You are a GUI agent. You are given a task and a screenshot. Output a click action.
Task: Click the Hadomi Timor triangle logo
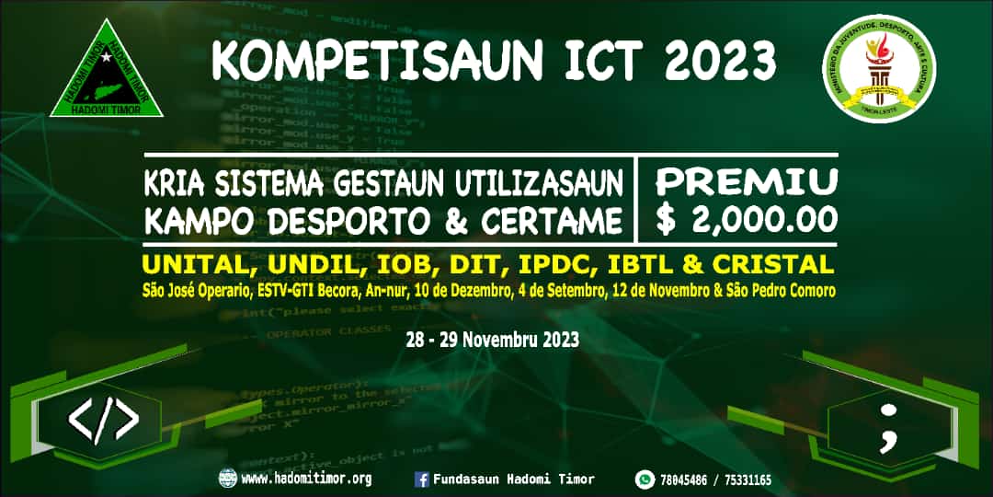tap(107, 74)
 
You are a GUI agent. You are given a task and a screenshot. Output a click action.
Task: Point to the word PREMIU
tap(746, 181)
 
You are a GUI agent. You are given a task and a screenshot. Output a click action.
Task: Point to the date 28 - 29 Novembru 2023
tap(492, 339)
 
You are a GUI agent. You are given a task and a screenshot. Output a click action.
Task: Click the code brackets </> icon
tap(104, 421)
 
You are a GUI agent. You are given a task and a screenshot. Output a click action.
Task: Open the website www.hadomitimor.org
tap(306, 479)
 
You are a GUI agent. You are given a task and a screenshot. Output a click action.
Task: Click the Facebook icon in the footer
tap(422, 479)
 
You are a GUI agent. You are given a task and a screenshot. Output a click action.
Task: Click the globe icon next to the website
tap(227, 479)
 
